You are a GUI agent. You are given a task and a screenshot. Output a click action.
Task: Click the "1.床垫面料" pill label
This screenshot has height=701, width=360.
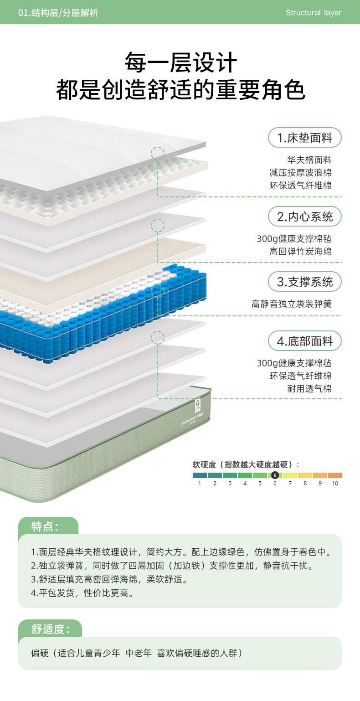tap(304, 138)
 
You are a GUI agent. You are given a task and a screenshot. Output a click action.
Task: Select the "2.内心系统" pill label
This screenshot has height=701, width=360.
tap(304, 216)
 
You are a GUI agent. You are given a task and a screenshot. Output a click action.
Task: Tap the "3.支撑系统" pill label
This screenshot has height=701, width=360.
tap(304, 281)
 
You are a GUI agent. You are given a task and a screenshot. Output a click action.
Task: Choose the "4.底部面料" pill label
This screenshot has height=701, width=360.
tap(304, 341)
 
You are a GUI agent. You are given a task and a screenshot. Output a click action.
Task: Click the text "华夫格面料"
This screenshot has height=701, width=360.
tap(309, 160)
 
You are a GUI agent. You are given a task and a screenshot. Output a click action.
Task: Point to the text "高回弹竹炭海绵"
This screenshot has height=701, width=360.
tap(300, 252)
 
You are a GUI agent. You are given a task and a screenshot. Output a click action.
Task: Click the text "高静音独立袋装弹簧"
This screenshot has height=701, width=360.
tap(291, 304)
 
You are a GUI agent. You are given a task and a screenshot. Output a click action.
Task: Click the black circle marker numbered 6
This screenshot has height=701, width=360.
tap(275, 475)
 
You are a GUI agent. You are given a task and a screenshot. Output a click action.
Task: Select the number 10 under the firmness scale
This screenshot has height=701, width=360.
tap(335, 483)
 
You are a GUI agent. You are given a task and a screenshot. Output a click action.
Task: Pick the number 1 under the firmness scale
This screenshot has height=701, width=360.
tap(200, 483)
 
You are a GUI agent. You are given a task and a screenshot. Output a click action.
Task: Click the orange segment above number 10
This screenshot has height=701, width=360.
tap(335, 475)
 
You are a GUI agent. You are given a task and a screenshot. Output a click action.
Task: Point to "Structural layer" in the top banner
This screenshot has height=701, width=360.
tap(313, 12)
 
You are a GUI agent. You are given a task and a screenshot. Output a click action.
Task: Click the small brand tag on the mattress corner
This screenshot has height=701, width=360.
tap(198, 403)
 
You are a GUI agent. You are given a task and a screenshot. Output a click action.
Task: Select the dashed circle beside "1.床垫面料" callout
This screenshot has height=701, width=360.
tap(158, 153)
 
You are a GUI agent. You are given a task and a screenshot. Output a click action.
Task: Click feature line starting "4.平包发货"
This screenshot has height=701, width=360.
tap(82, 593)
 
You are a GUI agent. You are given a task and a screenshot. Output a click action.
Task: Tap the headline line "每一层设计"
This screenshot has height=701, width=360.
tap(180, 62)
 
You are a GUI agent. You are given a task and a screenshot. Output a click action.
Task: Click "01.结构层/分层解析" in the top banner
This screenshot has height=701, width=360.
tap(58, 13)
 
